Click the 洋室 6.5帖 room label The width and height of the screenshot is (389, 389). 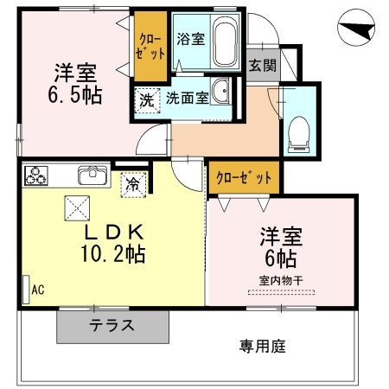click(x=75, y=83)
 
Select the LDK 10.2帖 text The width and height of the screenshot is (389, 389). click(x=113, y=244)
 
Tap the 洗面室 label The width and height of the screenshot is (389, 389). click(x=187, y=99)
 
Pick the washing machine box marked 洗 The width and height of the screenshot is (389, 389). click(x=146, y=99)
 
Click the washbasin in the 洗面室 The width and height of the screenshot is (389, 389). click(x=222, y=93)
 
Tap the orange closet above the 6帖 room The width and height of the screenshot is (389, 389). click(x=244, y=176)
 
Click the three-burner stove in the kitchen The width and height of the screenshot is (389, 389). click(x=37, y=175)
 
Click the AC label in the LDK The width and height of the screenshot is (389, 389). click(x=37, y=292)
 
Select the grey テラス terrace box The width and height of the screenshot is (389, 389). click(x=112, y=326)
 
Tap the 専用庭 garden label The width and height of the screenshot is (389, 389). click(x=262, y=347)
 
